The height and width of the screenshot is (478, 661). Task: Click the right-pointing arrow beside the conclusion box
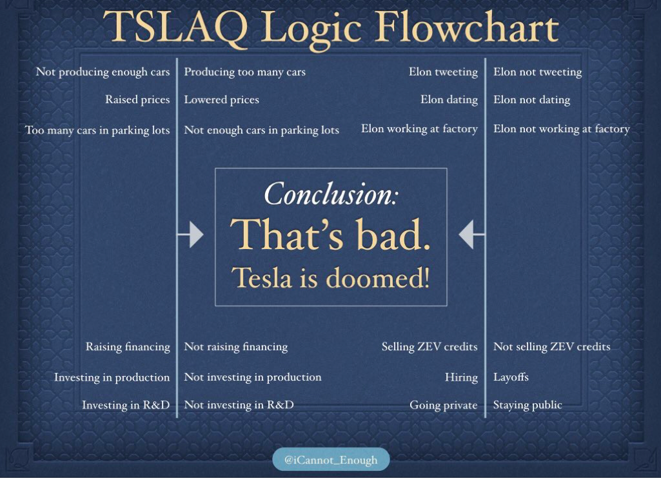pyautogui.click(x=190, y=234)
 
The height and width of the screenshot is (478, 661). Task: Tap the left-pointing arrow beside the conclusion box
pyautogui.click(x=471, y=234)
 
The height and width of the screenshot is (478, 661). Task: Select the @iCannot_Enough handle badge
pyautogui.click(x=331, y=459)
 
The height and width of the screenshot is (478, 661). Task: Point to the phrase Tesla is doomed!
pyautogui.click(x=330, y=277)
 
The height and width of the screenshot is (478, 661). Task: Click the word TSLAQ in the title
pyautogui.click(x=175, y=26)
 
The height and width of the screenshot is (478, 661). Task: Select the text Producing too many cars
pyautogui.click(x=244, y=72)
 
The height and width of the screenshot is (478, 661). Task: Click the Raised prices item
pyautogui.click(x=137, y=100)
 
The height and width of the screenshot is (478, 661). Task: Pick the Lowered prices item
pyautogui.click(x=221, y=100)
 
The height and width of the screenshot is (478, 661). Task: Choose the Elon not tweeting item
pyautogui.click(x=537, y=72)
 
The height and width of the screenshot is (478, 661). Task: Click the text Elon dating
pyautogui.click(x=449, y=100)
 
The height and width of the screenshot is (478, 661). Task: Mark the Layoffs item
pyautogui.click(x=511, y=377)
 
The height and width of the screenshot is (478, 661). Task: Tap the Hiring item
pyautogui.click(x=461, y=377)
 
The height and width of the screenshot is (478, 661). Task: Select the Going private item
pyautogui.click(x=444, y=405)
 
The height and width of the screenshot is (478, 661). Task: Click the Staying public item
pyautogui.click(x=528, y=405)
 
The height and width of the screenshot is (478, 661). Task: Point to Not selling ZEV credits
pyautogui.click(x=552, y=346)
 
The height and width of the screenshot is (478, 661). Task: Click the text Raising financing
pyautogui.click(x=128, y=347)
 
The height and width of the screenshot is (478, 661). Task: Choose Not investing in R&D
pyautogui.click(x=239, y=404)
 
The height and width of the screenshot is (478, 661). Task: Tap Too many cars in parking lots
pyautogui.click(x=97, y=130)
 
